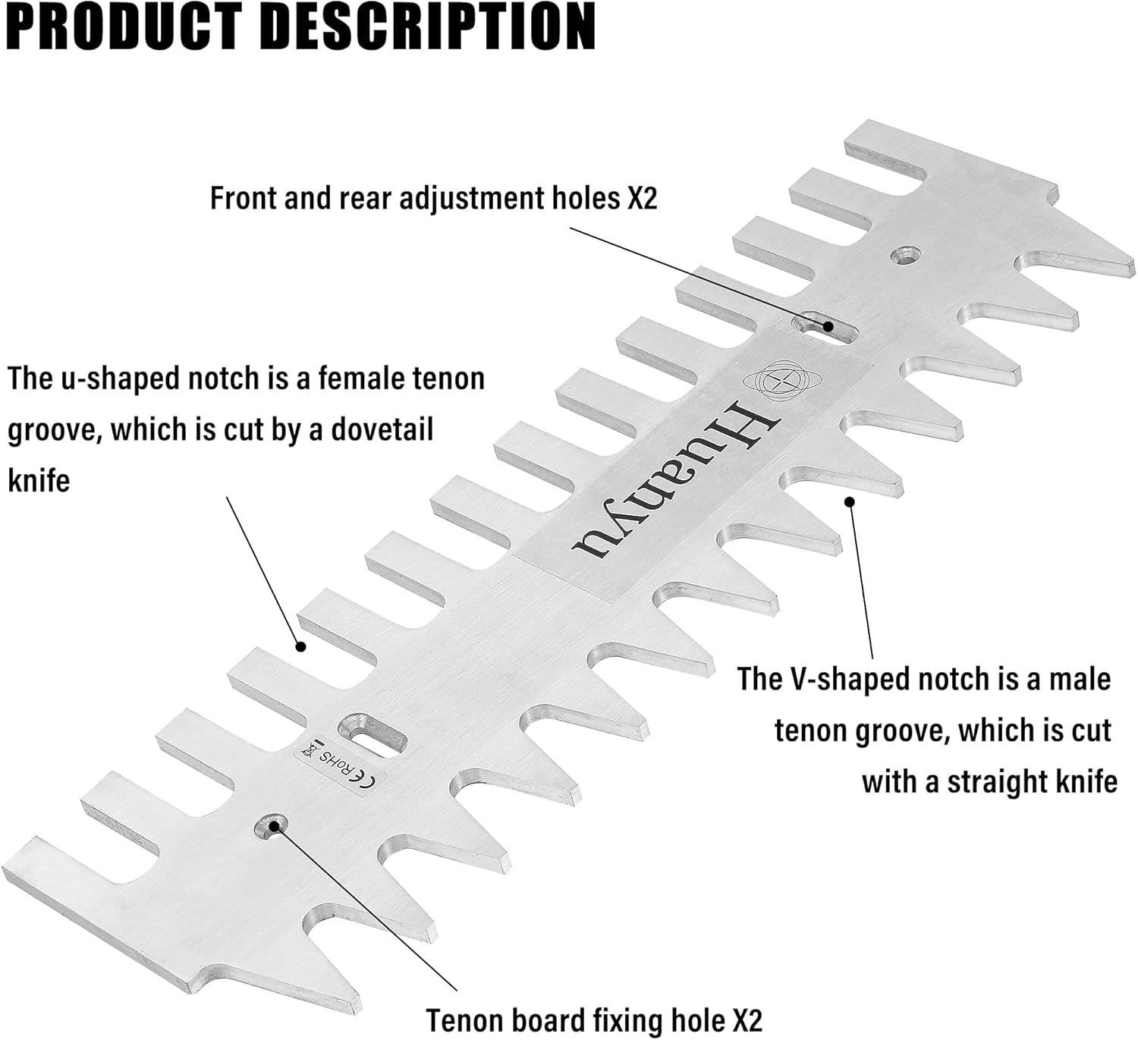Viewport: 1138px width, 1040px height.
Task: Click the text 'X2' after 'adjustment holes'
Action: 641,198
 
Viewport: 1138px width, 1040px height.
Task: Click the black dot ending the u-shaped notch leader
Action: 300,646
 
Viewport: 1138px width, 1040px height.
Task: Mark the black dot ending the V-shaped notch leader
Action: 850,501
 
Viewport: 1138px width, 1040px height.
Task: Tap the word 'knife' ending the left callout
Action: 39,480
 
